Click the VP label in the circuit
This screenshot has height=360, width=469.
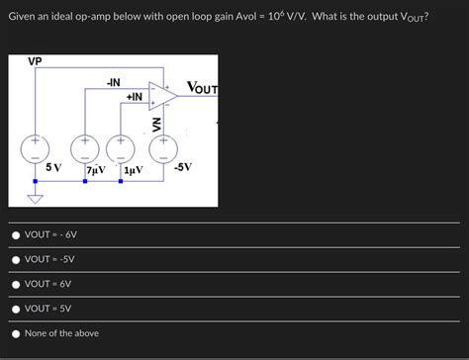36,61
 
